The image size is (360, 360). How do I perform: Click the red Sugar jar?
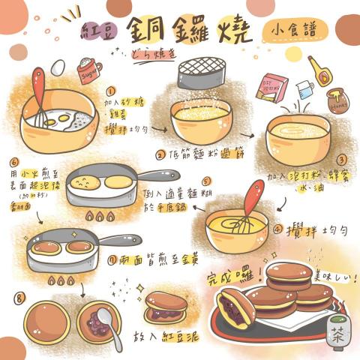click(x=89, y=72)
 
